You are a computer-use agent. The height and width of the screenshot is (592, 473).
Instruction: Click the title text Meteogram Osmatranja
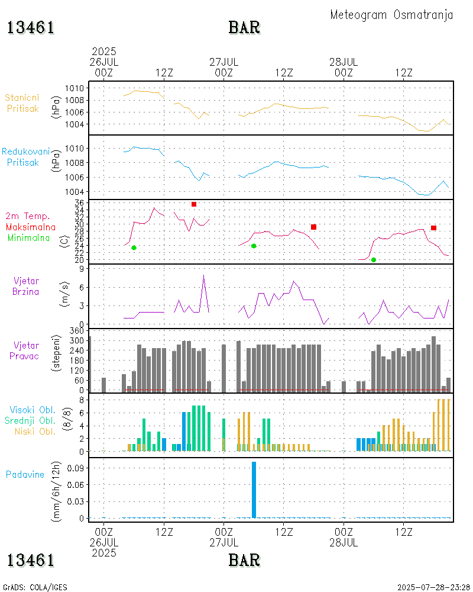(391, 15)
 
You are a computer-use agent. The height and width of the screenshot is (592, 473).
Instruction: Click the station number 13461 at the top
(31, 28)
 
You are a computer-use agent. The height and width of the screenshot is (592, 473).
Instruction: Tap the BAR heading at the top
(244, 28)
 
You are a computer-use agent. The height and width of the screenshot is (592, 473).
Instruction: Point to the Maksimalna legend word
(31, 227)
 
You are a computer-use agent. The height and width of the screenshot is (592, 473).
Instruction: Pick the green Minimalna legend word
(29, 237)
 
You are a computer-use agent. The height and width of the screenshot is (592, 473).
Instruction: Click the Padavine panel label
(25, 474)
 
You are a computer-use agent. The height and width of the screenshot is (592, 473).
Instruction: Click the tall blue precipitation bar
(254, 490)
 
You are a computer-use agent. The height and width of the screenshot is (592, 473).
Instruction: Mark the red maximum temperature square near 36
(194, 204)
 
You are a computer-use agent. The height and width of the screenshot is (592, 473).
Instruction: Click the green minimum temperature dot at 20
(373, 260)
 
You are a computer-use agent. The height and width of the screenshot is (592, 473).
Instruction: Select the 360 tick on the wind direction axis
(77, 330)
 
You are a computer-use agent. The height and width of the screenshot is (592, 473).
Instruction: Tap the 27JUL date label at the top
(224, 62)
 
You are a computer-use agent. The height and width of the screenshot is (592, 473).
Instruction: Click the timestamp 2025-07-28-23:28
(433, 587)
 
